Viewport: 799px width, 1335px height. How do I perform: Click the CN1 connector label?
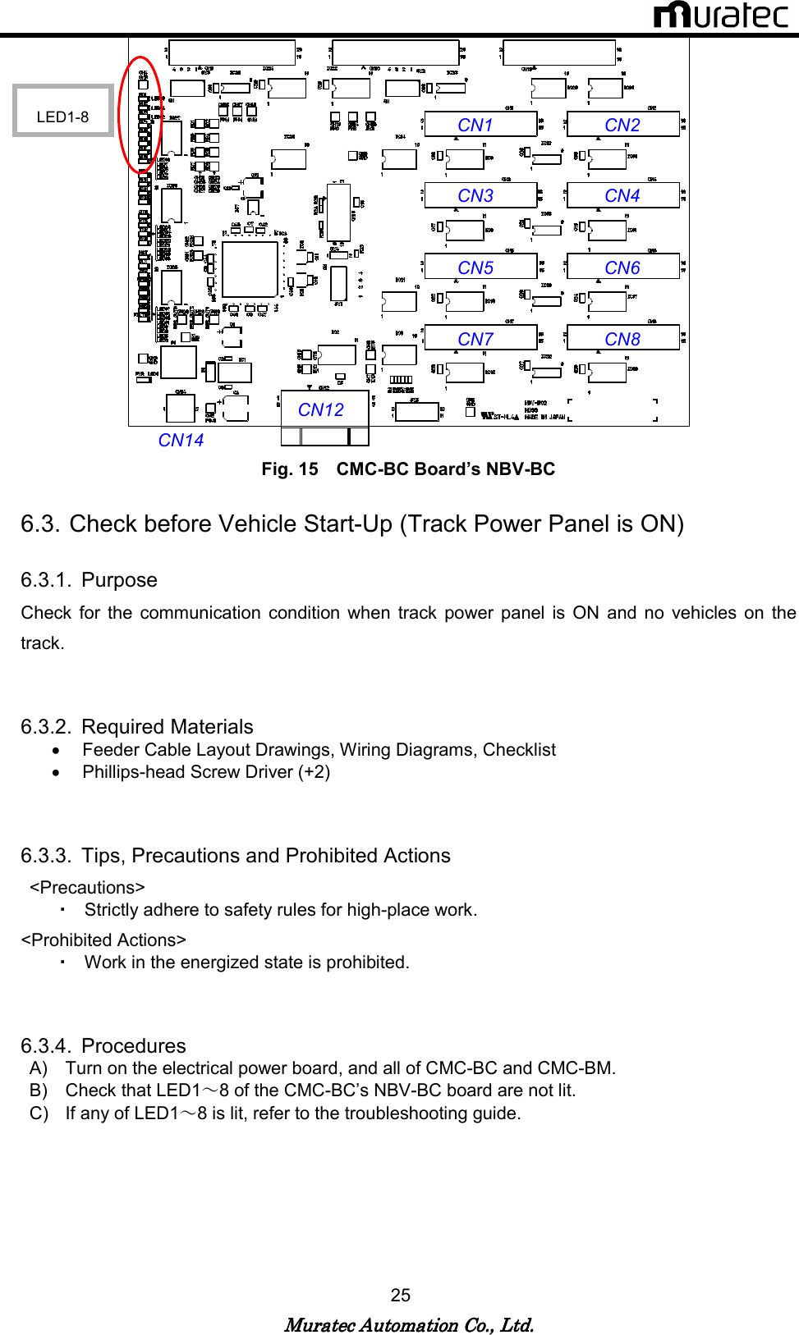pyautogui.click(x=475, y=125)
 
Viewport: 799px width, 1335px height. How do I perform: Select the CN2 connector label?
pyautogui.click(x=622, y=125)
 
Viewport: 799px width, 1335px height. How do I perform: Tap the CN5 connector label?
pyautogui.click(x=475, y=267)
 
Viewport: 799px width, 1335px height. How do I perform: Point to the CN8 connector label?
pyautogui.click(x=622, y=339)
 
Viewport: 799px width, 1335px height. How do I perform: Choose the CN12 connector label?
pyautogui.click(x=321, y=409)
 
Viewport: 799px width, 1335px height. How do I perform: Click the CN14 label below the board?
pyautogui.click(x=181, y=441)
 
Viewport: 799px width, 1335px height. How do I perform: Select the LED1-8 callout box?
pyautogui.click(x=62, y=111)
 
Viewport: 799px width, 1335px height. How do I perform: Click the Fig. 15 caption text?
pyautogui.click(x=408, y=469)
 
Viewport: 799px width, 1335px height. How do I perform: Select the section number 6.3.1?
pyautogui.click(x=45, y=580)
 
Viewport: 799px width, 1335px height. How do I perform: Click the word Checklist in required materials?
pyautogui.click(x=519, y=750)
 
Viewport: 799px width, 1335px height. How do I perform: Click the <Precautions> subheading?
pyautogui.click(x=87, y=888)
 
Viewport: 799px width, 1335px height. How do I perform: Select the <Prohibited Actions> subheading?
pyautogui.click(x=103, y=940)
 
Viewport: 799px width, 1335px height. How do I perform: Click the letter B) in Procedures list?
pyautogui.click(x=38, y=1090)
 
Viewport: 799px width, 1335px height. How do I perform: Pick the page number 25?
pyautogui.click(x=400, y=1295)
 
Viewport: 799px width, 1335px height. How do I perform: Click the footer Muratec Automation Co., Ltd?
pyautogui.click(x=408, y=1325)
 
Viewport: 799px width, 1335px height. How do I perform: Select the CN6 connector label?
pyautogui.click(x=622, y=267)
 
